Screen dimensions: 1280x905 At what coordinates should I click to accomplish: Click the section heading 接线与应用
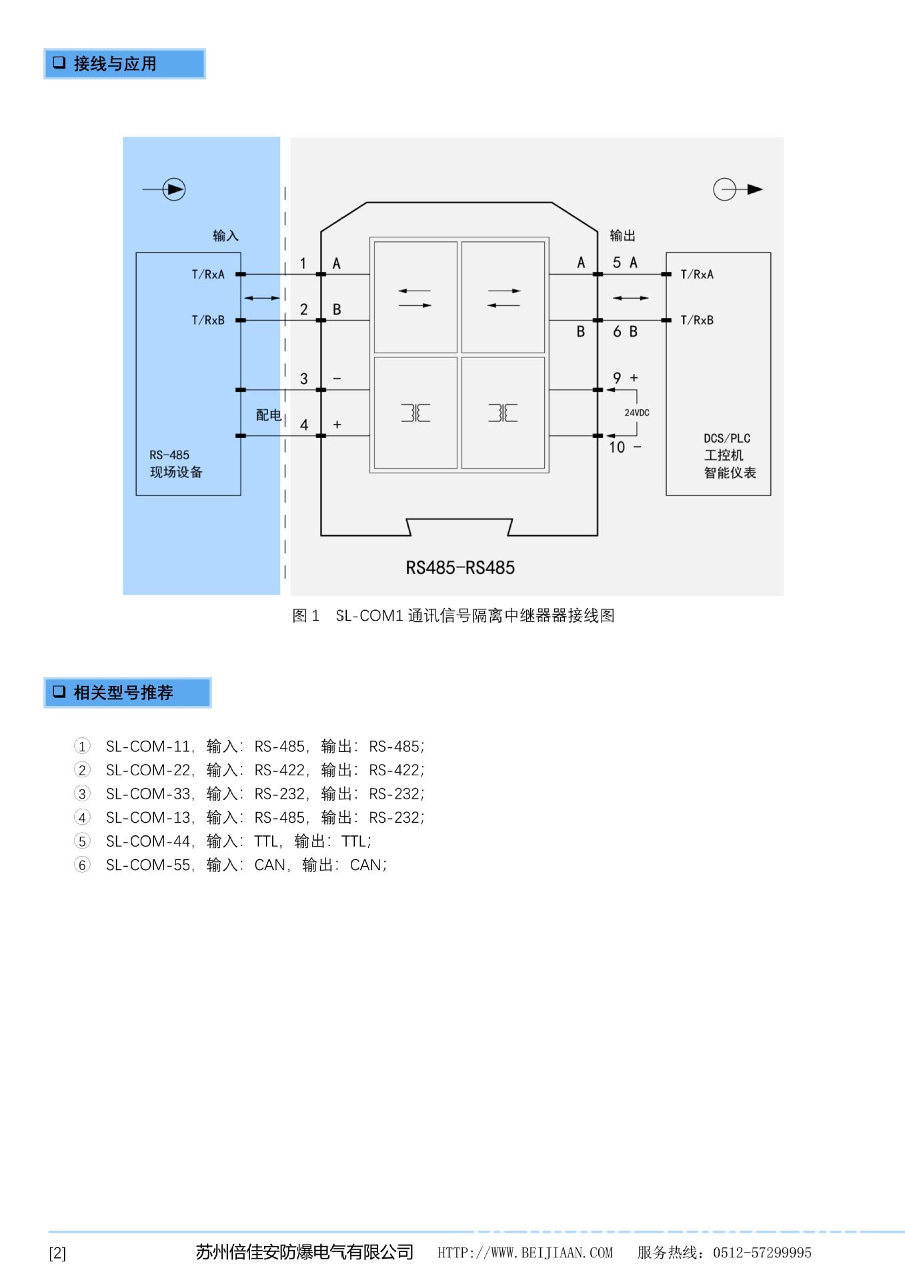[x=114, y=64]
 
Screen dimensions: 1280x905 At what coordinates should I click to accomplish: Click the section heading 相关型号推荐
[x=123, y=693]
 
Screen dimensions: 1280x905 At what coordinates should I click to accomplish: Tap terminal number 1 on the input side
[x=303, y=263]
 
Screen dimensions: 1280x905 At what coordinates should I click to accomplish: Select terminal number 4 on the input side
[x=304, y=425]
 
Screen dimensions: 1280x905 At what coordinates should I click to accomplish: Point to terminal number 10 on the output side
[x=617, y=447]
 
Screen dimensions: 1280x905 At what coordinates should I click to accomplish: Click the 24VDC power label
[x=636, y=413]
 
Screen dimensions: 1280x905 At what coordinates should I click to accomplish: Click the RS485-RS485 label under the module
[x=460, y=568]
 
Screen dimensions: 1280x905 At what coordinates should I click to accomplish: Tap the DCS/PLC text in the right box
[x=727, y=438]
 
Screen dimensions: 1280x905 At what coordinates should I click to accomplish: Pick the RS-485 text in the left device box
[x=169, y=455]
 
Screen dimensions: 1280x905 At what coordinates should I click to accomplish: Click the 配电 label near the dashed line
[x=268, y=415]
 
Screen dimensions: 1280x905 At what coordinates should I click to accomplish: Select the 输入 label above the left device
[x=225, y=235]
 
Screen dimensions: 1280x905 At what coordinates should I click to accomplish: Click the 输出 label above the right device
[x=622, y=235]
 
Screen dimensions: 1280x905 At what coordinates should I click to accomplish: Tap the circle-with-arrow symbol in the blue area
[x=173, y=190]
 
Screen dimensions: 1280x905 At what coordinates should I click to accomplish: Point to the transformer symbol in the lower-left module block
[x=415, y=413]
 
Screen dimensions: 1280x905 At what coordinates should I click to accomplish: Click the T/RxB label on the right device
[x=697, y=320]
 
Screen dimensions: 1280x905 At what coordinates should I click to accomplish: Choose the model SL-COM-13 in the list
[x=148, y=817]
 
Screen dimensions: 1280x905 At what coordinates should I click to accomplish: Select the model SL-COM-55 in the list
[x=148, y=865]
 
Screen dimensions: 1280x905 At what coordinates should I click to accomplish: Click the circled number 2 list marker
[x=82, y=770]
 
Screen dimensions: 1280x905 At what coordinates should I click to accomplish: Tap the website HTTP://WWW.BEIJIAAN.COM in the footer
[x=525, y=1253]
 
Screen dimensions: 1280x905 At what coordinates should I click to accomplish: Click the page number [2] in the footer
[x=57, y=1253]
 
